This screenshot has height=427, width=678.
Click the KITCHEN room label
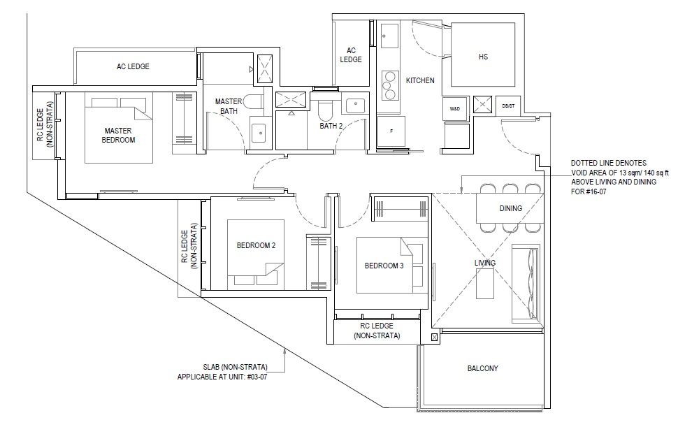point(420,80)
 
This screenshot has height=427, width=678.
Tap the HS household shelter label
point(483,57)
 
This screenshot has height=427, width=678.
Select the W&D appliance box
point(454,108)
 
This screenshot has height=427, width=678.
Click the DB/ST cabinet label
point(509,106)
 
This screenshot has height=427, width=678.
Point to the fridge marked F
point(391,131)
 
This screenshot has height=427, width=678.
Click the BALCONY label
point(482,369)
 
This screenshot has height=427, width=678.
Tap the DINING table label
point(511,208)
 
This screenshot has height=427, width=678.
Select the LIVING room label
point(484,263)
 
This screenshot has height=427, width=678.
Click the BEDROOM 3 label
point(384,266)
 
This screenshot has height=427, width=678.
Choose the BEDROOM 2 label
point(256,245)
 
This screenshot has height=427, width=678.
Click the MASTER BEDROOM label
point(118,136)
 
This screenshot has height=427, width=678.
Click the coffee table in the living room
point(484,284)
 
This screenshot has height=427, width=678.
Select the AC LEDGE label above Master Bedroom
point(133,66)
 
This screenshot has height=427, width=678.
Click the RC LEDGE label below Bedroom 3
point(377,331)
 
